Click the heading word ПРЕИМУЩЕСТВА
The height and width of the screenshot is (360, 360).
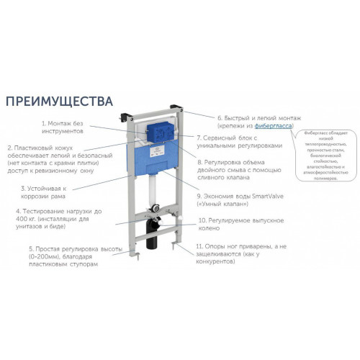click(59, 99)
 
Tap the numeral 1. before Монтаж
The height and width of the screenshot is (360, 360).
click(44, 124)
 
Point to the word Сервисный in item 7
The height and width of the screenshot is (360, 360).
click(229, 137)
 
